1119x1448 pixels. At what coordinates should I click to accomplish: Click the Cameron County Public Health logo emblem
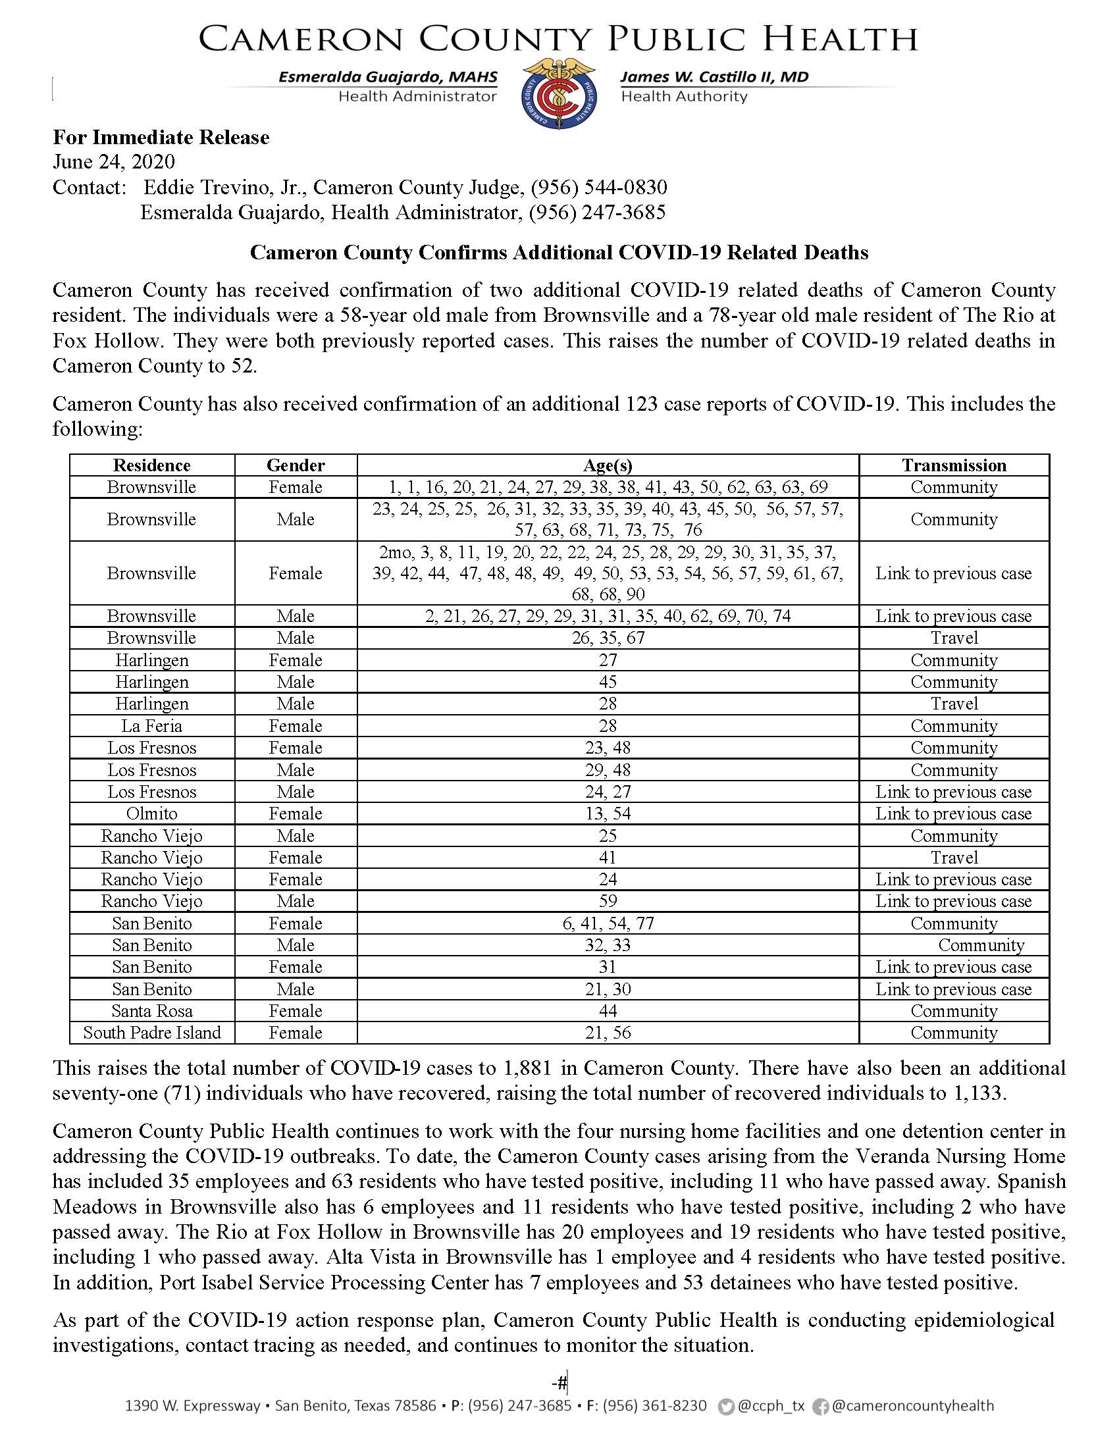558,93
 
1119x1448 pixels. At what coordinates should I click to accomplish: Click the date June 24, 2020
113,162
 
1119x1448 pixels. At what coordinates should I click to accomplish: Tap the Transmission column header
953,465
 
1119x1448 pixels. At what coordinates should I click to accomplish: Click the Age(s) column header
608,465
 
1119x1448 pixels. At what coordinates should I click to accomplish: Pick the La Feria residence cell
152,726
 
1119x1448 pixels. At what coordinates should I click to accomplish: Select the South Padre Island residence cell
152,1033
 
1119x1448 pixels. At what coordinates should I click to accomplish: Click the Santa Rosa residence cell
152,1011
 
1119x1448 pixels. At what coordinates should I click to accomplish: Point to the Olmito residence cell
152,814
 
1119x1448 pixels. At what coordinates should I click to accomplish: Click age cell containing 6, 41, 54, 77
608,923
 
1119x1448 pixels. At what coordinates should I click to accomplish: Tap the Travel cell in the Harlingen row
953,704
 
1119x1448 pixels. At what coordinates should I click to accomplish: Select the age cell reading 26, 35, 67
608,638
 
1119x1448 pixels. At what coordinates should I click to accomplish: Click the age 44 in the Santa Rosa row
608,1011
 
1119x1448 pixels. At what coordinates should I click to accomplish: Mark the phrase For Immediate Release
161,138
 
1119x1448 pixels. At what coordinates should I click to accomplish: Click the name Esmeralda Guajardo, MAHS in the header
388,77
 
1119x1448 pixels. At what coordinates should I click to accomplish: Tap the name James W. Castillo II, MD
714,77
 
